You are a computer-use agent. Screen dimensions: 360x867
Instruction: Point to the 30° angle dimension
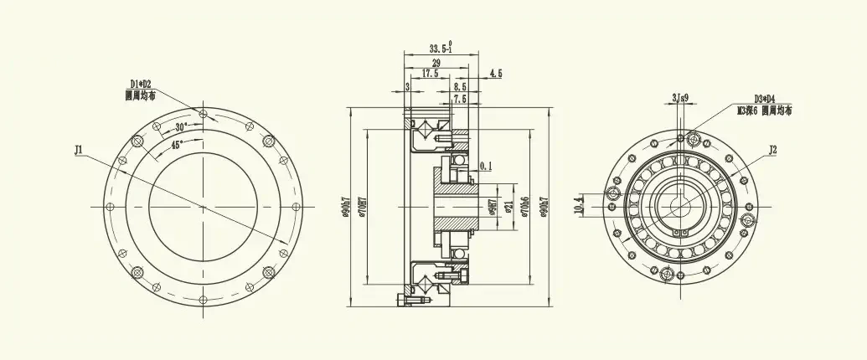pyautogui.click(x=181, y=127)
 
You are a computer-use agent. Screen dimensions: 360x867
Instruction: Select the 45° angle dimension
pyautogui.click(x=177, y=144)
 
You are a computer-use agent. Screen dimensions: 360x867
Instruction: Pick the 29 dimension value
pyautogui.click(x=436, y=63)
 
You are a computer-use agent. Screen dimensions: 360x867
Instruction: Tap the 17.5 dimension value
pyautogui.click(x=430, y=74)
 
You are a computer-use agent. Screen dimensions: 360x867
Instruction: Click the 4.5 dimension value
pyautogui.click(x=494, y=74)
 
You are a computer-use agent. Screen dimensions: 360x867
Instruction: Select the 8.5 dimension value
pyautogui.click(x=460, y=86)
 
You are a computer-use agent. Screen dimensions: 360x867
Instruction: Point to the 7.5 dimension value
pyautogui.click(x=460, y=99)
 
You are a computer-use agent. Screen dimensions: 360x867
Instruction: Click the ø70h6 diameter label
pyautogui.click(x=524, y=206)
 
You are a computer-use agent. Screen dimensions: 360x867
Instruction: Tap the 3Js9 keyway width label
pyautogui.click(x=680, y=98)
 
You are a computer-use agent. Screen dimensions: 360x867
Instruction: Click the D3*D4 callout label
pyautogui.click(x=764, y=98)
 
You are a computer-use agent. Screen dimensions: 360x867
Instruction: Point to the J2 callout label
pyautogui.click(x=773, y=150)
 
